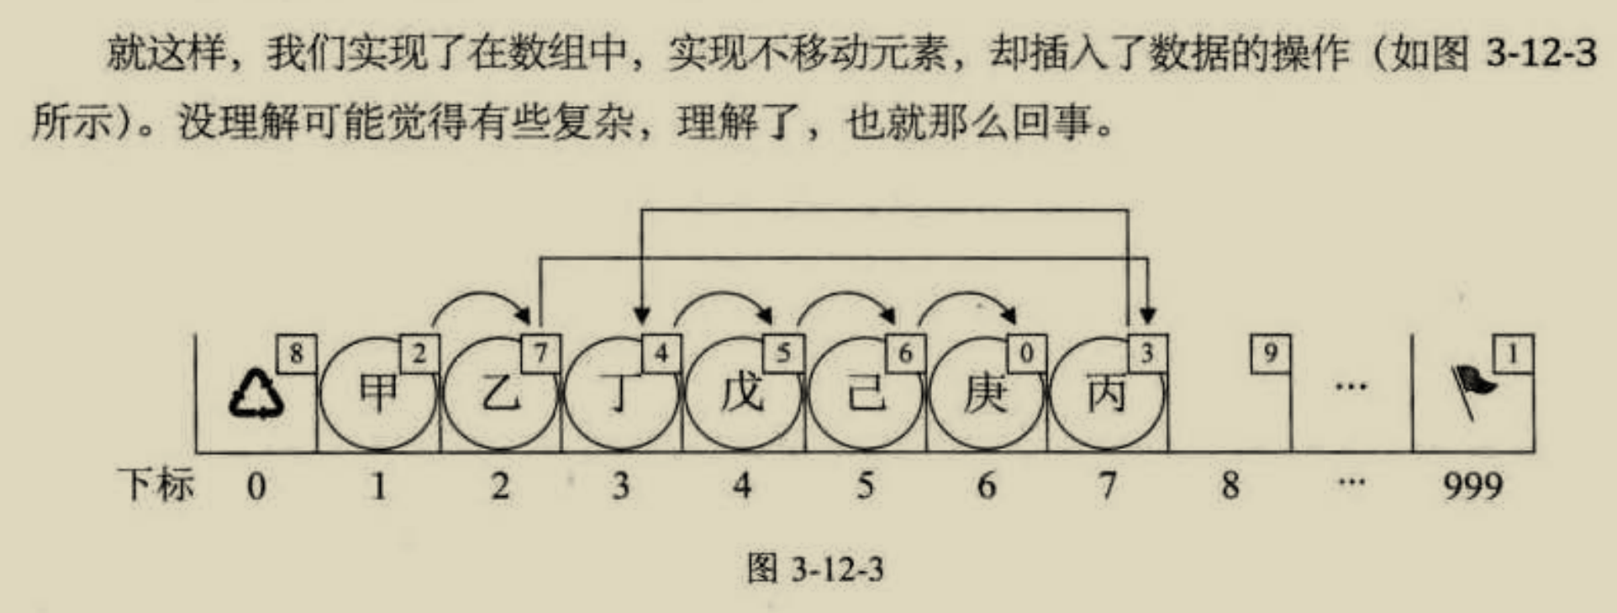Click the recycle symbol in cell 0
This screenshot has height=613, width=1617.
pyautogui.click(x=256, y=395)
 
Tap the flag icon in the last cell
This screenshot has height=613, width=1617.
pyautogui.click(x=1472, y=389)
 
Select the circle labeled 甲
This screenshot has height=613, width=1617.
pyautogui.click(x=378, y=394)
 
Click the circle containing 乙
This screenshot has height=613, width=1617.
pyautogui.click(x=500, y=394)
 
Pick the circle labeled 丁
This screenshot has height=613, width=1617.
pyautogui.click(x=620, y=394)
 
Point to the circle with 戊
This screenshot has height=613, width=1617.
pyautogui.click(x=742, y=394)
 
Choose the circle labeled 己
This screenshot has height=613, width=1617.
pyautogui.click(x=865, y=394)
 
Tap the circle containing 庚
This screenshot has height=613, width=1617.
pyautogui.click(x=986, y=394)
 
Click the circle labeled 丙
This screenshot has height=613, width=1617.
pyautogui.click(x=1107, y=394)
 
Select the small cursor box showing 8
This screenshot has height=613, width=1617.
pyautogui.click(x=297, y=353)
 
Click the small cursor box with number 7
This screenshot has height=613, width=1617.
pyautogui.click(x=540, y=353)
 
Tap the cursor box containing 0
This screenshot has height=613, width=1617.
pyautogui.click(x=1026, y=353)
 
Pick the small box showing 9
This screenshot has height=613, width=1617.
pyautogui.click(x=1270, y=353)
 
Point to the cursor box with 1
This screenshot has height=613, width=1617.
pyautogui.click(x=1513, y=353)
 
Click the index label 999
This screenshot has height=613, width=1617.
pyautogui.click(x=1472, y=486)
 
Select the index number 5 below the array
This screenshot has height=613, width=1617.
pyautogui.click(x=865, y=486)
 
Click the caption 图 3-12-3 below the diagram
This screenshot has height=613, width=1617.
pyautogui.click(x=815, y=569)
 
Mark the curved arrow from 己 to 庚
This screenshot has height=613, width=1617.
pyautogui.click(x=967, y=298)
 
